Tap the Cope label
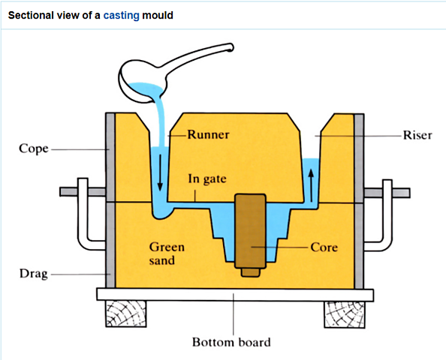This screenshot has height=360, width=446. click(x=33, y=148)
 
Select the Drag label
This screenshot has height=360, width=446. click(x=33, y=274)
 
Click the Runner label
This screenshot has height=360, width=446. click(x=208, y=135)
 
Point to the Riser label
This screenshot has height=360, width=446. click(x=417, y=135)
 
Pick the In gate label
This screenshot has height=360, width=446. click(x=206, y=179)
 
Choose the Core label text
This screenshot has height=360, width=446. click(x=324, y=246)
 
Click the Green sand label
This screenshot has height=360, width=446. click(x=166, y=253)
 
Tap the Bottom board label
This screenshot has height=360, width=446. click(x=231, y=343)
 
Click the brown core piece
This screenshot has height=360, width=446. click(x=250, y=232)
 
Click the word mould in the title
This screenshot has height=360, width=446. click(x=158, y=15)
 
